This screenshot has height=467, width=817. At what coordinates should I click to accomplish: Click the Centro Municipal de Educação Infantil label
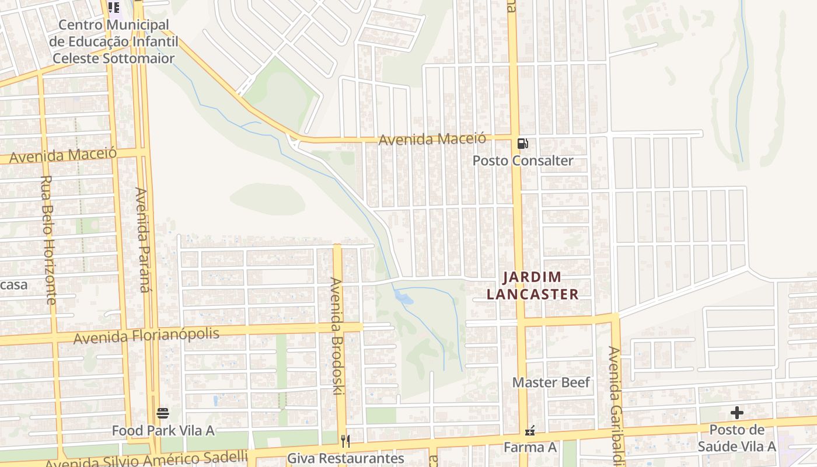(x=113, y=41)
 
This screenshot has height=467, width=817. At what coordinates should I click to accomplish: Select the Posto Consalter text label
(x=523, y=161)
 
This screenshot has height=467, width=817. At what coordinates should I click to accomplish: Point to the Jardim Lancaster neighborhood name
(x=532, y=285)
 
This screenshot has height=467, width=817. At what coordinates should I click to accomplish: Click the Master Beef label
(x=551, y=382)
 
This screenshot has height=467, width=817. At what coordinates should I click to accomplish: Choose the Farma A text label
(x=530, y=448)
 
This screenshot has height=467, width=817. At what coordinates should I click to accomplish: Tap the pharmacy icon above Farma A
(x=530, y=432)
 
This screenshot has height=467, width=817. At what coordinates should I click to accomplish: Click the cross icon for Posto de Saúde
(x=737, y=413)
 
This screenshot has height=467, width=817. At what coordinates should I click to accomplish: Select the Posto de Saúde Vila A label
(x=737, y=438)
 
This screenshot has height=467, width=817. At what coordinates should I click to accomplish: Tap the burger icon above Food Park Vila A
(x=163, y=414)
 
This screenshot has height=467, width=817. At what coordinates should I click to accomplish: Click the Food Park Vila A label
(x=163, y=431)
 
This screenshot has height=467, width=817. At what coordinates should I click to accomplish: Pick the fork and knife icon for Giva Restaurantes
(x=345, y=441)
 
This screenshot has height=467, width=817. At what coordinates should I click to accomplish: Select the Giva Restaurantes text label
(x=345, y=458)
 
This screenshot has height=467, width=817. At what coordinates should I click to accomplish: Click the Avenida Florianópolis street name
(x=146, y=336)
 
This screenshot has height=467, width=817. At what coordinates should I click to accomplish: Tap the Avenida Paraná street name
(x=142, y=239)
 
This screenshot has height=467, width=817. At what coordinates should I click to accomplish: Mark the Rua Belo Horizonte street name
(x=48, y=239)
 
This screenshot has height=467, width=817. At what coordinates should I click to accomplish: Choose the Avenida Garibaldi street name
(x=615, y=403)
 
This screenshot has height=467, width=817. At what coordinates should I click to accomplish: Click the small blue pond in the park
(x=403, y=297)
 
